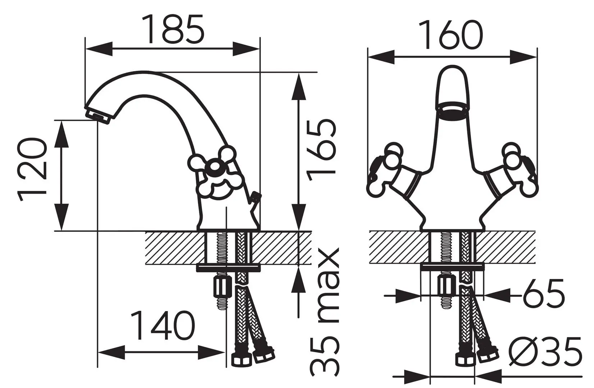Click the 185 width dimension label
point(173,29)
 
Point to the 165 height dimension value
point(321,150)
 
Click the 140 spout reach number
point(163,325)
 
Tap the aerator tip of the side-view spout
point(97,116)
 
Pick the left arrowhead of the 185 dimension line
point(99,49)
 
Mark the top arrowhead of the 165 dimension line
point(298,86)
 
